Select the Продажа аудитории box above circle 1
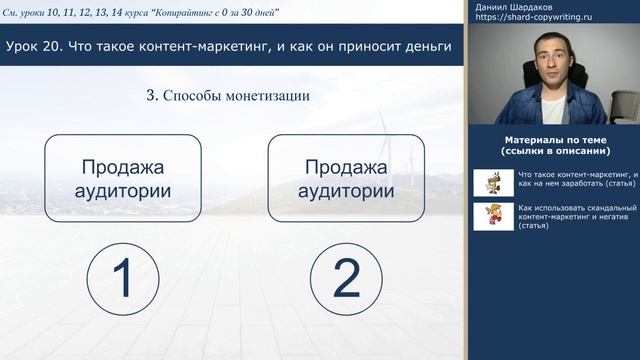(x=123, y=178)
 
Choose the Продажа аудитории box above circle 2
(x=346, y=178)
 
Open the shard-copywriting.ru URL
(x=535, y=19)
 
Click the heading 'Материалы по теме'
(x=554, y=140)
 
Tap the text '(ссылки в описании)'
(x=554, y=151)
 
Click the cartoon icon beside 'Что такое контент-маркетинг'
(x=493, y=181)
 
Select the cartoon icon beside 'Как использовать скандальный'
(x=493, y=216)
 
